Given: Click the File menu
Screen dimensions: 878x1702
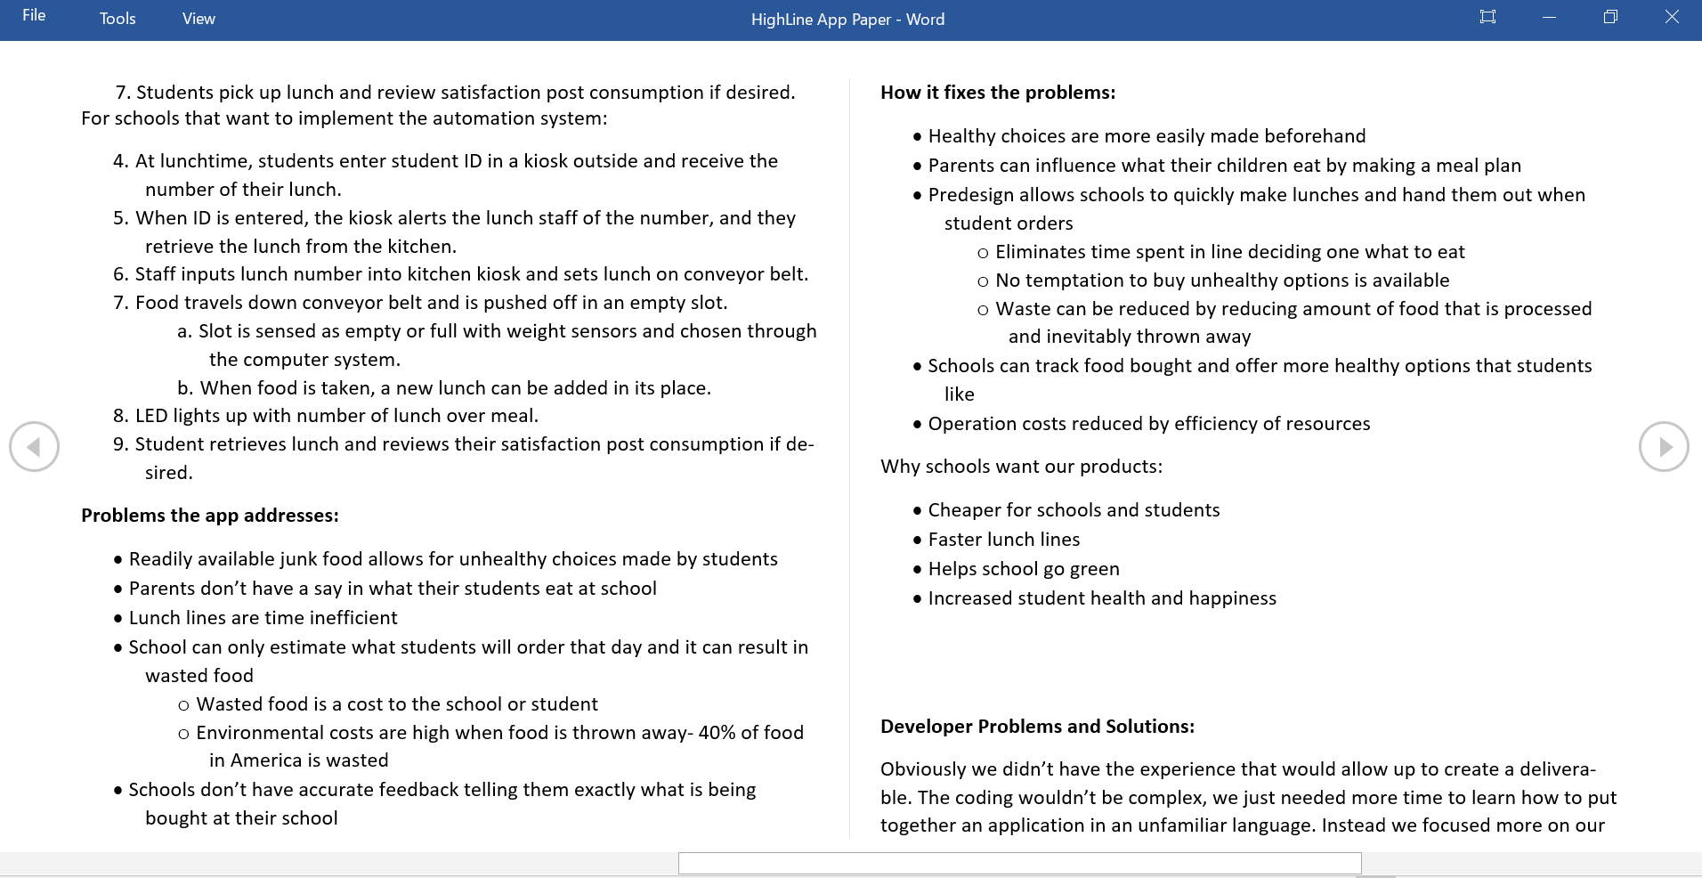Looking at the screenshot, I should pyautogui.click(x=34, y=16).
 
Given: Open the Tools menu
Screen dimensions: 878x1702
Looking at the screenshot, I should pyautogui.click(x=118, y=19).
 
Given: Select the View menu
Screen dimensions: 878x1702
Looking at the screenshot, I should pyautogui.click(x=199, y=19).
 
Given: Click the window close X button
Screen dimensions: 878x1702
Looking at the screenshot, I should pyautogui.click(x=1672, y=17).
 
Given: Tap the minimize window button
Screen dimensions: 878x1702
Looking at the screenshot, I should pyautogui.click(x=1549, y=17).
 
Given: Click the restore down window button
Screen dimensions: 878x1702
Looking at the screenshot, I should pyautogui.click(x=1610, y=17).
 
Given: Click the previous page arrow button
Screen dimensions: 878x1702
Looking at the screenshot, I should pyautogui.click(x=34, y=446).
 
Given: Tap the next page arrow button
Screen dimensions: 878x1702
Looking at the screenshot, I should pyautogui.click(x=1664, y=446).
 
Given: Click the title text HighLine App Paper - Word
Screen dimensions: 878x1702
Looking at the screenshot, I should pyautogui.click(x=847, y=20).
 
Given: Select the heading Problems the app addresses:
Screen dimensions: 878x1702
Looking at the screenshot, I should pyautogui.click(x=209, y=516).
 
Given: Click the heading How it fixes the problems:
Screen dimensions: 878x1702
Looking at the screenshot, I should pyautogui.click(x=997, y=93).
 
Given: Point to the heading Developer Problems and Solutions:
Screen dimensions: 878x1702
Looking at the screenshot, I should pyautogui.click(x=1037, y=727).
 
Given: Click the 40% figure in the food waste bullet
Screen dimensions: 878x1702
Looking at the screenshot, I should pyautogui.click(x=717, y=733).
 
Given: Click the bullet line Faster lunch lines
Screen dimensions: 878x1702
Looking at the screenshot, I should pyautogui.click(x=1003, y=540).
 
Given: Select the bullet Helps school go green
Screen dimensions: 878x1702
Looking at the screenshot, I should pyautogui.click(x=1024, y=569).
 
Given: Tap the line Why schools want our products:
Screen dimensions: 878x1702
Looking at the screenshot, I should pyautogui.click(x=1021, y=467).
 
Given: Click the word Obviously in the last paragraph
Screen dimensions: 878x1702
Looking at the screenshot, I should pyautogui.click(x=923, y=769).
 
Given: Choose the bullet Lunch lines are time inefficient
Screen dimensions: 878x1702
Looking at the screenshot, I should pyautogui.click(x=263, y=618).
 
